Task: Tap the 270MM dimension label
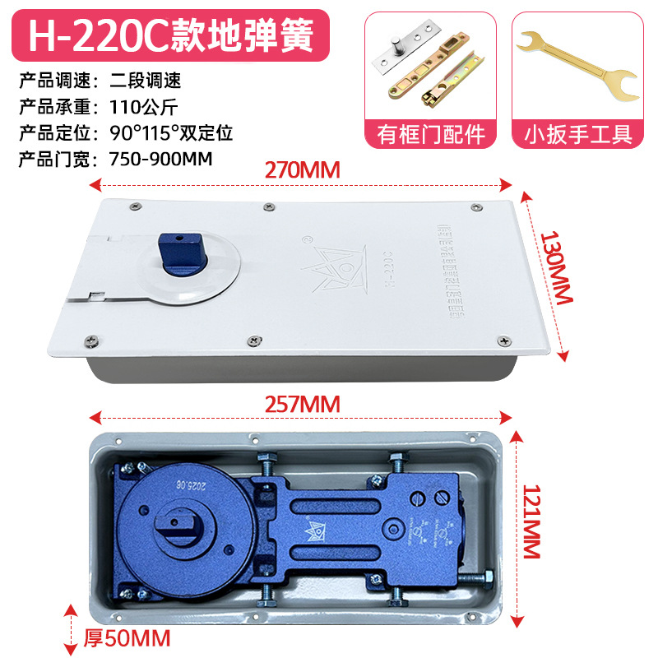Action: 302,170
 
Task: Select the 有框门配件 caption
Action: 431,132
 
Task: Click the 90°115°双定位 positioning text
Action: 171,132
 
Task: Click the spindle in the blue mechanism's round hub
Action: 174,524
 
